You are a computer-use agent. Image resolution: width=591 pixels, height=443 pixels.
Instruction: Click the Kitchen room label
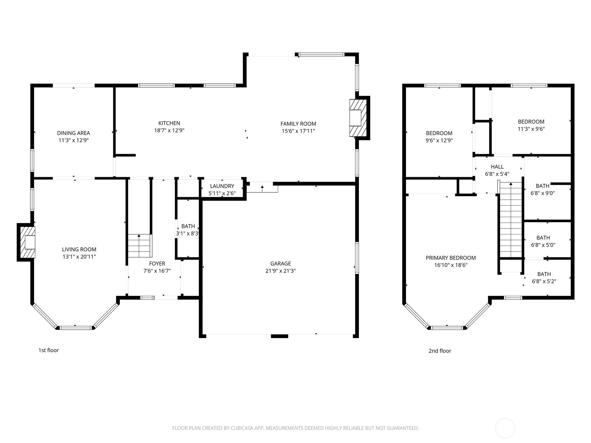coord(169,123)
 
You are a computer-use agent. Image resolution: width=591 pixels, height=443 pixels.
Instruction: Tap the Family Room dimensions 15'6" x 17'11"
coord(298,131)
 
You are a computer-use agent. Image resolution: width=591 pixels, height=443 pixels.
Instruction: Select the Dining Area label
coord(74,133)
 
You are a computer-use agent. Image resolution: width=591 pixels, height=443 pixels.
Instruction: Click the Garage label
coord(280,264)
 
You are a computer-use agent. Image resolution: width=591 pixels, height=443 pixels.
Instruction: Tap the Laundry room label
coord(222,186)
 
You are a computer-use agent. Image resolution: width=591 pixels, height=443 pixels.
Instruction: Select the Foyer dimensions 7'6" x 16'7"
coord(157,271)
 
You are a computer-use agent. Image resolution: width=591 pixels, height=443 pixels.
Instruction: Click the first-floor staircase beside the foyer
coord(140,246)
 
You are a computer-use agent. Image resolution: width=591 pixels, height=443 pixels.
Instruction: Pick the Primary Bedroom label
coord(451,258)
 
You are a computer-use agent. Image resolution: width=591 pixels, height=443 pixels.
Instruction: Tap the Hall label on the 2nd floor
coord(497,167)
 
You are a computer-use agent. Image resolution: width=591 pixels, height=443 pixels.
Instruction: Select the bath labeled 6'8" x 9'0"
coord(543,189)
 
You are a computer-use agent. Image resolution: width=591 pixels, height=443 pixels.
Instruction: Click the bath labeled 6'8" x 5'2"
coord(544,277)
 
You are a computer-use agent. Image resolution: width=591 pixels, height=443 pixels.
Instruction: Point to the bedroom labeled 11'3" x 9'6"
coord(531,125)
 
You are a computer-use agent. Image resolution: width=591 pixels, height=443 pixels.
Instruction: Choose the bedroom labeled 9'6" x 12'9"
coord(439,137)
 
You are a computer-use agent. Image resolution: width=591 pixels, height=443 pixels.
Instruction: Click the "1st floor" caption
coord(49,350)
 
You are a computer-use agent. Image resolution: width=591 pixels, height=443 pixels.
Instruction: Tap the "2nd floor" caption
coord(440,351)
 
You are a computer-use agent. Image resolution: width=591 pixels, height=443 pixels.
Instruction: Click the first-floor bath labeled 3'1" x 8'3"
coord(188,230)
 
